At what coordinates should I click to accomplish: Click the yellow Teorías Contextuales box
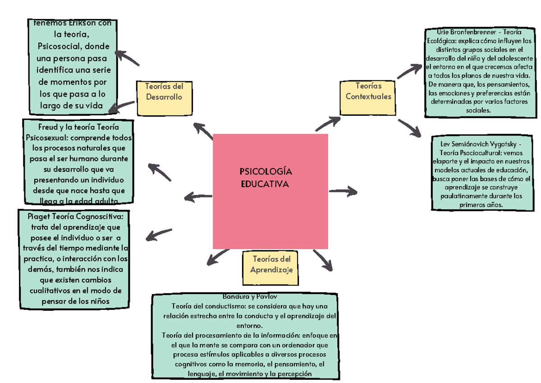(x=368, y=91)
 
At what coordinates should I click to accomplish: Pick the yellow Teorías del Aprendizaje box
(x=271, y=264)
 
